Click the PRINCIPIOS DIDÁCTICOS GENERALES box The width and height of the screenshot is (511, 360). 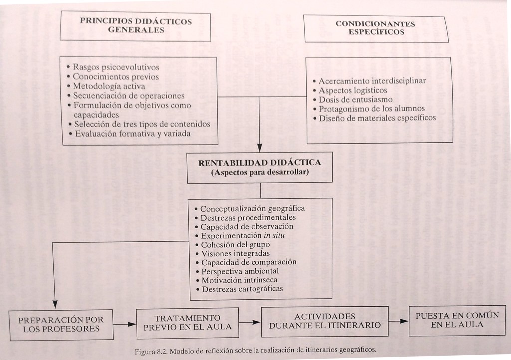click(x=135, y=26)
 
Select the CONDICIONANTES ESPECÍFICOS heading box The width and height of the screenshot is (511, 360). click(x=375, y=28)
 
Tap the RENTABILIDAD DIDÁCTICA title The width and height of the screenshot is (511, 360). click(x=259, y=163)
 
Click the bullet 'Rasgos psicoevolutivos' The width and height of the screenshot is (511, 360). click(x=116, y=67)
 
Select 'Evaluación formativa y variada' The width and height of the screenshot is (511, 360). click(x=132, y=134)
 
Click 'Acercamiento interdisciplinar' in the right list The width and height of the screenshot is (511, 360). click(x=372, y=81)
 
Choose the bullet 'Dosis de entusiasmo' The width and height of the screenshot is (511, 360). click(x=355, y=99)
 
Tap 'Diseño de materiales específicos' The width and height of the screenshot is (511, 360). click(x=377, y=118)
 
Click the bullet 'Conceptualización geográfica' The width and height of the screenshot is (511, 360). click(x=252, y=209)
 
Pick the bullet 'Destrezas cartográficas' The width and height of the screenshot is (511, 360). click(x=242, y=289)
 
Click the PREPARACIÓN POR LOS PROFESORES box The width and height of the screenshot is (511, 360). click(x=61, y=324)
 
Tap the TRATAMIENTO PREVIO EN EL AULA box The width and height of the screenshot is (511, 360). click(x=187, y=322)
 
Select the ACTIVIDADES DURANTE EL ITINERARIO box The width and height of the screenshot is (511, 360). click(x=325, y=321)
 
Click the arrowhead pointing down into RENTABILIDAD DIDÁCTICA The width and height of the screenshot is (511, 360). click(x=259, y=147)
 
